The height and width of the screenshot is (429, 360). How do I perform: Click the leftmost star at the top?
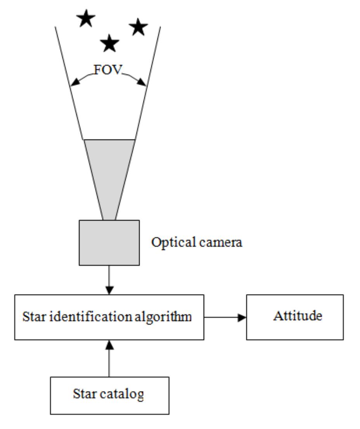click(86, 19)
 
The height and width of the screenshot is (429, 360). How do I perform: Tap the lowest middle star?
click(110, 43)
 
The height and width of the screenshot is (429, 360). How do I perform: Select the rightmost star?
click(138, 28)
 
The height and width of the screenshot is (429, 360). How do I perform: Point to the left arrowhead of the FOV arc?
click(73, 83)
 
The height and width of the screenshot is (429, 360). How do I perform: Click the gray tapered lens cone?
click(109, 171)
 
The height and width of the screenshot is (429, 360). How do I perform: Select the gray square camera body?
click(109, 243)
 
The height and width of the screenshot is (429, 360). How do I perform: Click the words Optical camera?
click(197, 243)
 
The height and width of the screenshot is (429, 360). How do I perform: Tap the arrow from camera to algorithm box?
click(109, 280)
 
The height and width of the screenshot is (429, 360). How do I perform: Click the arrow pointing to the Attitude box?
click(225, 317)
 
